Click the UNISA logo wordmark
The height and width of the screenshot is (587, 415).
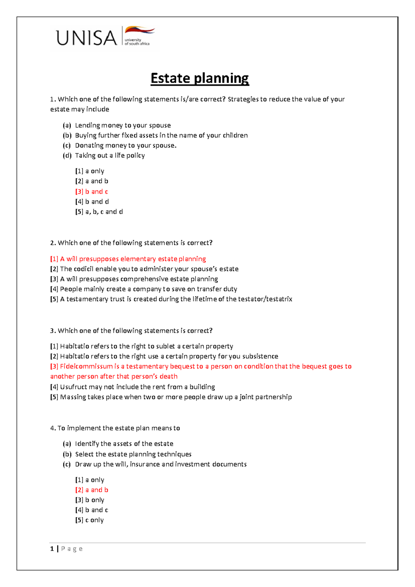pyautogui.click(x=86, y=38)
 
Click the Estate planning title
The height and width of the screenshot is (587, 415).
pyautogui.click(x=200, y=78)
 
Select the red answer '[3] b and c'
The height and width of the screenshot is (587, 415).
pyautogui.click(x=92, y=191)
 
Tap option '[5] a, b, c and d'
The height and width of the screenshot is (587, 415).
pyautogui.click(x=99, y=211)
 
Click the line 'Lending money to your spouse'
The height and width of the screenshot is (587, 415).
pyautogui.click(x=123, y=125)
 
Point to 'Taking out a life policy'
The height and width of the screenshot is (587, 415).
pyautogui.click(x=110, y=155)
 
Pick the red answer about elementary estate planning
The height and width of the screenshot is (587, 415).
pyautogui.click(x=128, y=259)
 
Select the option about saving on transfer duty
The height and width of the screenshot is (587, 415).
pyautogui.click(x=144, y=289)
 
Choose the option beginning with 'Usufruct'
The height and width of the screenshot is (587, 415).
pyautogui.click(x=132, y=387)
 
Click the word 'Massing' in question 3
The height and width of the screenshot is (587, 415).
pyautogui.click(x=73, y=397)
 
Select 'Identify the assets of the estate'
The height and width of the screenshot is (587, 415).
pyautogui.click(x=124, y=444)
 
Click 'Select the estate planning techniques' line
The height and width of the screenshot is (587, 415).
pyautogui.click(x=133, y=454)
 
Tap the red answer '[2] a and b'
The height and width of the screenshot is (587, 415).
pyautogui.click(x=92, y=490)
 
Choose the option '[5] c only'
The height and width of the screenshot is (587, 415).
pyautogui.click(x=90, y=520)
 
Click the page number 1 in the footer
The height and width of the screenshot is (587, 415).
pyautogui.click(x=52, y=549)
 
